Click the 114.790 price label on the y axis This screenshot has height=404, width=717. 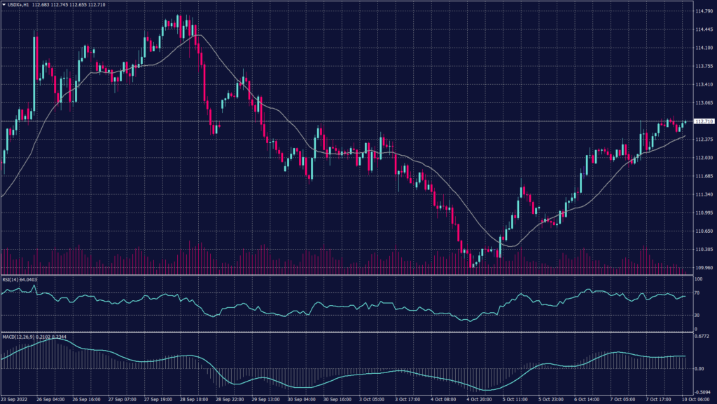[703, 11]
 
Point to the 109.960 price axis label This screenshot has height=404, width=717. [703, 267]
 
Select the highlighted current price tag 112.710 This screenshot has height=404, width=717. [703, 121]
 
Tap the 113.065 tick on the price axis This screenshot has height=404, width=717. [703, 102]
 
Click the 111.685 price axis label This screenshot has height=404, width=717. [703, 176]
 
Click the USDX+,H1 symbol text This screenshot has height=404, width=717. [20, 5]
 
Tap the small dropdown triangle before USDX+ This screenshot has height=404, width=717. [4, 5]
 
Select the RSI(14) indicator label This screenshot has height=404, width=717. [13, 279]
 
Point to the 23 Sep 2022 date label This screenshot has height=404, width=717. [15, 399]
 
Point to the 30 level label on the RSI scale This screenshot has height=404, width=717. [697, 315]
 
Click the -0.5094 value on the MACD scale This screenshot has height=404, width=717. [702, 393]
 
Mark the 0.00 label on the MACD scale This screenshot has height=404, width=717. [699, 368]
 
